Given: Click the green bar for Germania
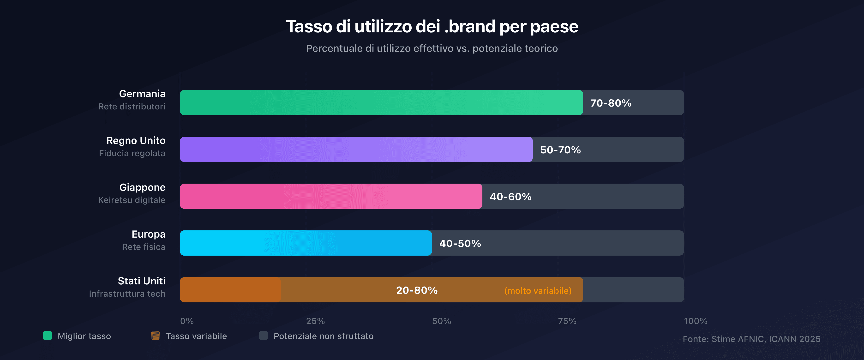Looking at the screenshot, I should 381,103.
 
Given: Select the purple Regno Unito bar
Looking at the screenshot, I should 356,149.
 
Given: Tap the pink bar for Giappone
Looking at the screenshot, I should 331,196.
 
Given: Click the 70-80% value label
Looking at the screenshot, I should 611,103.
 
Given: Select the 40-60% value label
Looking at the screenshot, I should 510,197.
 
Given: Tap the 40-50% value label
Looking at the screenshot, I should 460,243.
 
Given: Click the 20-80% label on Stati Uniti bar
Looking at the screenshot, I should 417,290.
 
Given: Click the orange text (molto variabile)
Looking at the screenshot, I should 538,291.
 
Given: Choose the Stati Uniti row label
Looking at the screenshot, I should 142,281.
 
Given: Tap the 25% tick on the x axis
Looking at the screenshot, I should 315,321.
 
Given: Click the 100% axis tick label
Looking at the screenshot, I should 695,321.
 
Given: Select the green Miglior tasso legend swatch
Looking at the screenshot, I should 48,336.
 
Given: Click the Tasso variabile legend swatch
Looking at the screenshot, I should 155,336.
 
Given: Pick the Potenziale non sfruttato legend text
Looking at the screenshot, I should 323,336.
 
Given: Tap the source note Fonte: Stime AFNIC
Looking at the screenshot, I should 751,339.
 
